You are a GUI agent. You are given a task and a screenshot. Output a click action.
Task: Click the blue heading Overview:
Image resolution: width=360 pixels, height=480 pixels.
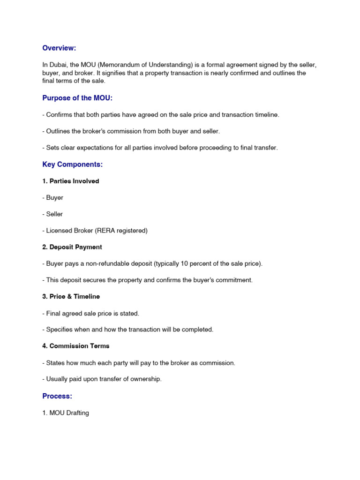tap(59, 48)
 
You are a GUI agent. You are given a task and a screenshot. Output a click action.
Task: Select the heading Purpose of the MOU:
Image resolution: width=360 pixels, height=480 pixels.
tap(77, 97)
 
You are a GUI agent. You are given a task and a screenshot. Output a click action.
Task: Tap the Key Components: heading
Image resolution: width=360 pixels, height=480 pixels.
tap(72, 165)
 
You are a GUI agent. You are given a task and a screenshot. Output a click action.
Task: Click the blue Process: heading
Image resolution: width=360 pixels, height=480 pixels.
tap(57, 396)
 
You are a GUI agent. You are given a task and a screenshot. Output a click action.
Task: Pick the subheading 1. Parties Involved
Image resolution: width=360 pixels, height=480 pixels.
tap(71, 181)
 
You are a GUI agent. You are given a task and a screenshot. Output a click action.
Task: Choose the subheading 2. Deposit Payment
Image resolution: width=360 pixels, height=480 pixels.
tap(72, 247)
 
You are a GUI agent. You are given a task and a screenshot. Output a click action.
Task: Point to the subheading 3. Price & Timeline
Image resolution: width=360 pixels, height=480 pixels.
tap(71, 296)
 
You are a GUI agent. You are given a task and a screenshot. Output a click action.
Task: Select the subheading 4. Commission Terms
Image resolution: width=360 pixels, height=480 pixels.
tap(76, 346)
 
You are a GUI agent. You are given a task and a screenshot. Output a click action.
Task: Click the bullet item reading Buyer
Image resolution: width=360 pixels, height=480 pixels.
tap(55, 198)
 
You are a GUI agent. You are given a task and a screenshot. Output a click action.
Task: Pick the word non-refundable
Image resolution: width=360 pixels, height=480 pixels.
tap(104, 263)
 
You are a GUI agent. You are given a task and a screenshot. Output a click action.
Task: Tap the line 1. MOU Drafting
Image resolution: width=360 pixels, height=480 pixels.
tap(65, 413)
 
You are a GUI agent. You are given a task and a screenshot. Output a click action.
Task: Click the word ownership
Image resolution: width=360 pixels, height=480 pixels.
tap(146, 379)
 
